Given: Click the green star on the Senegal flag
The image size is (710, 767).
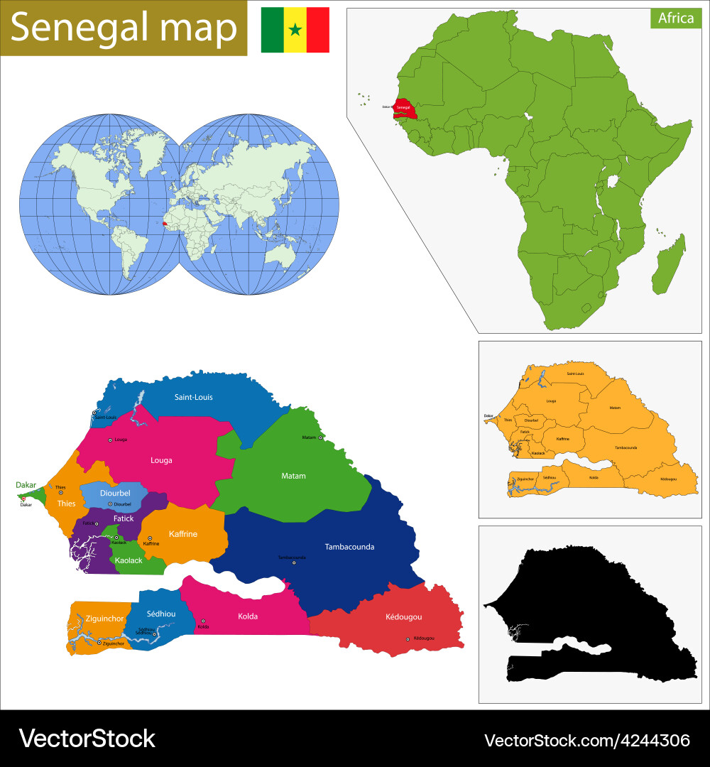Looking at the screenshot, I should coord(295,30).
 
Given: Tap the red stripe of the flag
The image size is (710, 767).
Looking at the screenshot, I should coord(318,30).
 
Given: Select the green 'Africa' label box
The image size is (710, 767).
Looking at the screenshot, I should coord(675,18).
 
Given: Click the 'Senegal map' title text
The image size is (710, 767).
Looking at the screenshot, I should coord(124,28).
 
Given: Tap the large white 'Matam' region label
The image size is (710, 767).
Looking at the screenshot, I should coord(293,476).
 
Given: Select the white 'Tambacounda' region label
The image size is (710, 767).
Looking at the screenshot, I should coord(349,547).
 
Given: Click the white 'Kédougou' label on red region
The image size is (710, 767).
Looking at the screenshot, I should coord(403,616).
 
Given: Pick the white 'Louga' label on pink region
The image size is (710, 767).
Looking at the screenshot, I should coord(161,460).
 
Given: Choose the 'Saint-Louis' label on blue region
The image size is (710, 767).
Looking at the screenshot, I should coord(193,397).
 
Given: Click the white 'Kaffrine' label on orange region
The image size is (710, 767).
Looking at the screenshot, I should coord(182,533).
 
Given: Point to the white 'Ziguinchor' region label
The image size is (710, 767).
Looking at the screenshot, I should coord(104,619).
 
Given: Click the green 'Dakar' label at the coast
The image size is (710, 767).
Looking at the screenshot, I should coord(26,485).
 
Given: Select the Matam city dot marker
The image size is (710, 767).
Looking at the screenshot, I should coord(321,437).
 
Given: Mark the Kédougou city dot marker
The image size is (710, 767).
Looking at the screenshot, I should coord(408,639).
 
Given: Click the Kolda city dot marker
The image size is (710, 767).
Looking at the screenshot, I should coord(203,621).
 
